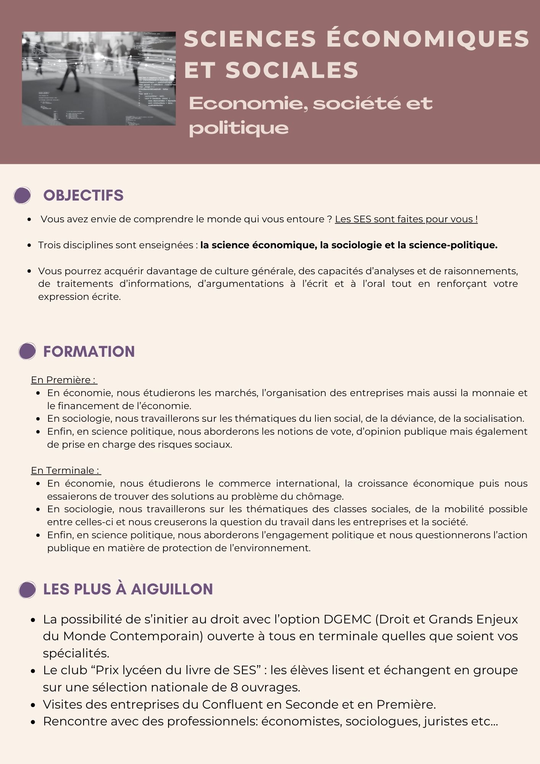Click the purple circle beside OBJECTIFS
pos(22,195)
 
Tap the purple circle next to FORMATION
pos(27,351)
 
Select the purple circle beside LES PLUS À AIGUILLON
pos(27,589)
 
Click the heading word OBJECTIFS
pos(83,196)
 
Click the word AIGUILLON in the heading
pos(172,589)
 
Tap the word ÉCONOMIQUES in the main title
pos(428,39)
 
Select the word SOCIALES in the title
pos(292,70)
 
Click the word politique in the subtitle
pos(239,128)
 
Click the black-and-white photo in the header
pos(99,79)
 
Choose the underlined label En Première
pos(63,380)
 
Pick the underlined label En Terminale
pos(65,471)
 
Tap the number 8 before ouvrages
pos(234,687)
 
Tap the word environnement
pos(272,548)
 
